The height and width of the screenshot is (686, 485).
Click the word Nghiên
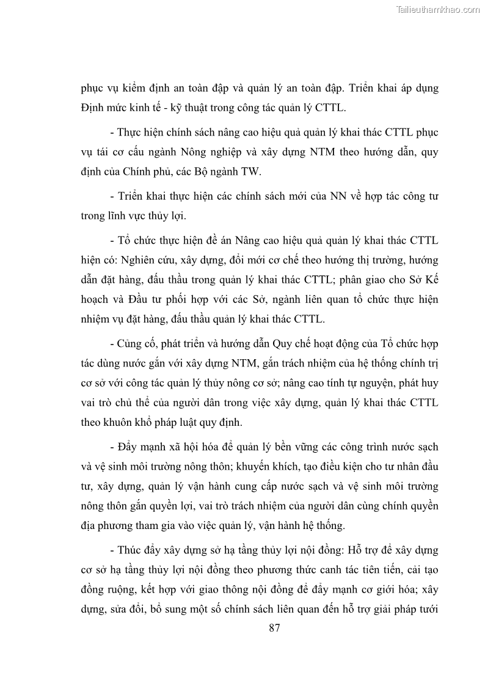(x=143, y=260)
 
